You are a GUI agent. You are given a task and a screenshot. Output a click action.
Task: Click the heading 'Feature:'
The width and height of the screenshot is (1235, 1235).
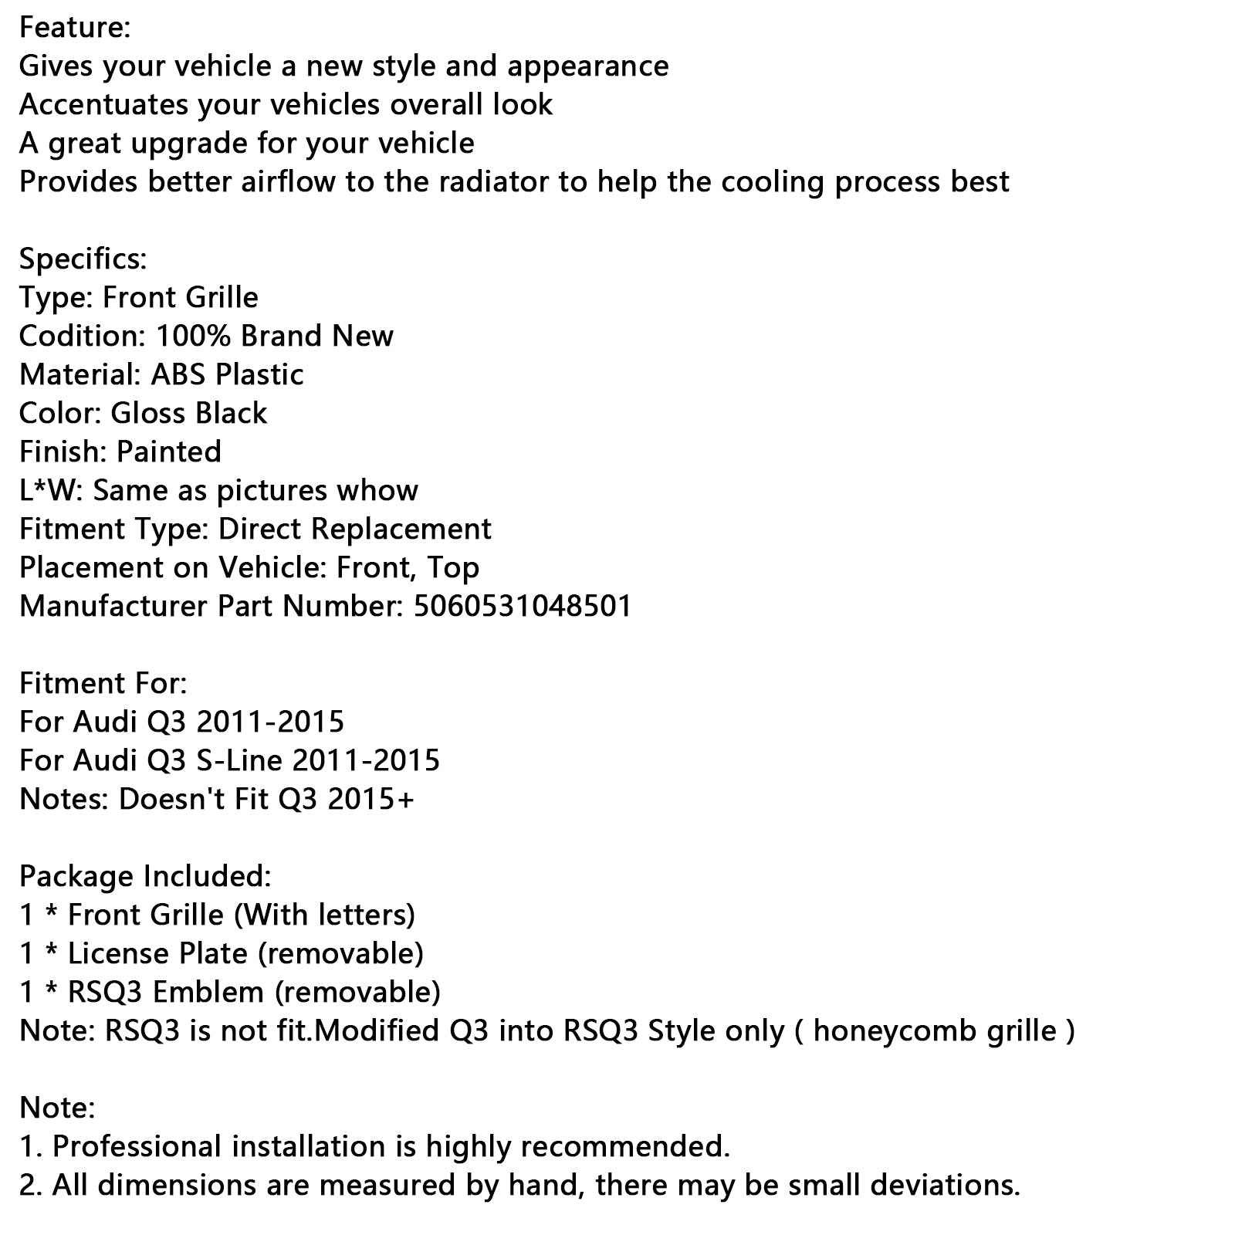(75, 28)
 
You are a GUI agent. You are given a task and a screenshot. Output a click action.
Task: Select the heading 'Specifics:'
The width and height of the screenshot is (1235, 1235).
(83, 259)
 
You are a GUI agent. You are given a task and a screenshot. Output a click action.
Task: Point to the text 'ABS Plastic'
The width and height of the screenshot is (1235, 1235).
(227, 375)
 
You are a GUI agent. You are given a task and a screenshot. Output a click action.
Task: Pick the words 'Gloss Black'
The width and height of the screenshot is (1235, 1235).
(189, 414)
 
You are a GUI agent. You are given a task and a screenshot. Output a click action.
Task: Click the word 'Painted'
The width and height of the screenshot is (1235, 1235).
(169, 452)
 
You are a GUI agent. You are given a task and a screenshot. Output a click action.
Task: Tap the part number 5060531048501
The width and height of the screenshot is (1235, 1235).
(523, 607)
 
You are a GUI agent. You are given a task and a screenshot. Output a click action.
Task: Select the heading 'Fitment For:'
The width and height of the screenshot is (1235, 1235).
(103, 684)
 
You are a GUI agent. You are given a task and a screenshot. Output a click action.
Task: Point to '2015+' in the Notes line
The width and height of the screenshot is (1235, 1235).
(370, 800)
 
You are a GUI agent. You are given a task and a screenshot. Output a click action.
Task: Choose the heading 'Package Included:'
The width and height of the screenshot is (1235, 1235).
(145, 877)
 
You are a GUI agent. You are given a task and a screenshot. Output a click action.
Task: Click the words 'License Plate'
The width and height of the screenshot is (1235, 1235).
(157, 954)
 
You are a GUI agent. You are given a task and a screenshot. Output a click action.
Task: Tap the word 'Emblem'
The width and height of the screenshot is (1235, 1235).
(208, 993)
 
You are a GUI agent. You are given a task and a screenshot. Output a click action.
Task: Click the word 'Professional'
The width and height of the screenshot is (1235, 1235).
(137, 1147)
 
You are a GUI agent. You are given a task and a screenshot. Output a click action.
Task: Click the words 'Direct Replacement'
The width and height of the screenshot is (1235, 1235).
(355, 530)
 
